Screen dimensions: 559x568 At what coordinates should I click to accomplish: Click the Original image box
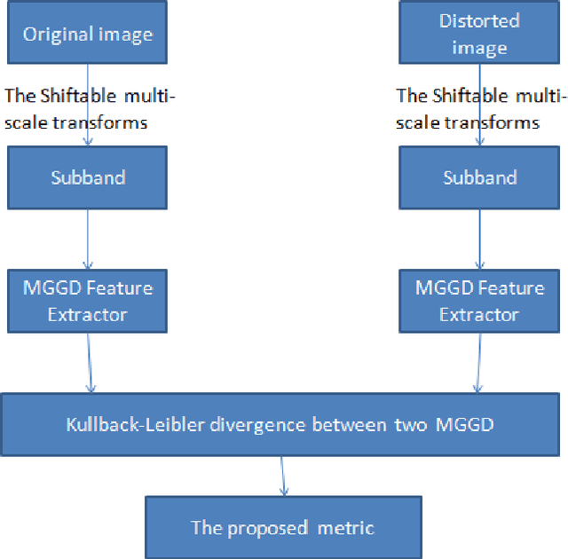[88, 35]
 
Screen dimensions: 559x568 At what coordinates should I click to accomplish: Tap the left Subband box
[88, 177]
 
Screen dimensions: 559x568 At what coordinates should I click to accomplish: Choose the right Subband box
[480, 177]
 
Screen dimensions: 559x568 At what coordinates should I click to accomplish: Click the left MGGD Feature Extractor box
[88, 301]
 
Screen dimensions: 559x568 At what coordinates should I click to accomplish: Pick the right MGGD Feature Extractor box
[480, 301]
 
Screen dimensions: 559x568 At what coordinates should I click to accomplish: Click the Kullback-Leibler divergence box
[280, 424]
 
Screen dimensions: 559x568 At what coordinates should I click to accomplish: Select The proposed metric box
[283, 528]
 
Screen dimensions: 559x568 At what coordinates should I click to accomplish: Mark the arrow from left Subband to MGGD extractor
[88, 240]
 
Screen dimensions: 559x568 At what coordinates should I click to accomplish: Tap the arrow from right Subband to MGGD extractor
[480, 240]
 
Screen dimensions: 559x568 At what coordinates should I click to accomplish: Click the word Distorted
[480, 20]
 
